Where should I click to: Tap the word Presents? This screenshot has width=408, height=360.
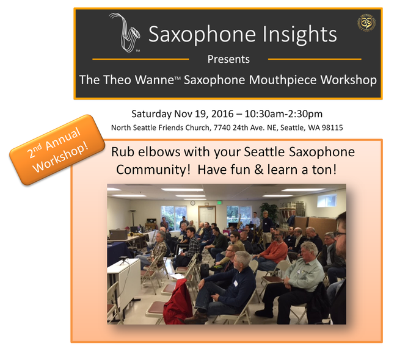coord(228,59)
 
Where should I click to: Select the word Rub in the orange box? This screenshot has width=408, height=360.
coord(122,151)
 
